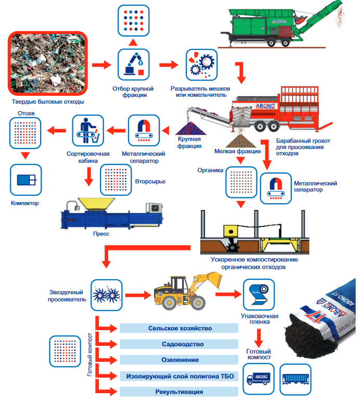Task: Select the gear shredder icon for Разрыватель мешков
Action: (201, 65)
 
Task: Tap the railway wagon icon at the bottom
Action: (295, 380)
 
